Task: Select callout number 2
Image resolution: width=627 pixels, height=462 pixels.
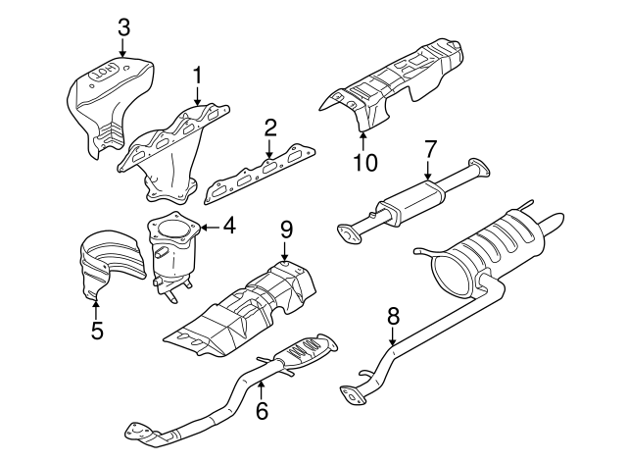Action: pos(269,128)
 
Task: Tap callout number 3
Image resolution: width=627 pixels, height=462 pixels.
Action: pos(122,26)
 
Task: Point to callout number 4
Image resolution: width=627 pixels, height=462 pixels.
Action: pos(228,226)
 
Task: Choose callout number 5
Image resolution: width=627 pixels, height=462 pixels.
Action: pos(96,331)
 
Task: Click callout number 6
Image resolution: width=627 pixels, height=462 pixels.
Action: pos(261,412)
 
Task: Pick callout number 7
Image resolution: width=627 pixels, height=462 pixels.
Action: pos(428,150)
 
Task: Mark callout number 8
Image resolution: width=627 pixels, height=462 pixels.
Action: pos(393,316)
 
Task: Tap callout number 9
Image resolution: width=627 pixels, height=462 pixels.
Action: pos(285,231)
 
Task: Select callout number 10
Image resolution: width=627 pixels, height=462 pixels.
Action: pos(363,161)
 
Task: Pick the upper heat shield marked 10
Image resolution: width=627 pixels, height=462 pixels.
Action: pos(402,83)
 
